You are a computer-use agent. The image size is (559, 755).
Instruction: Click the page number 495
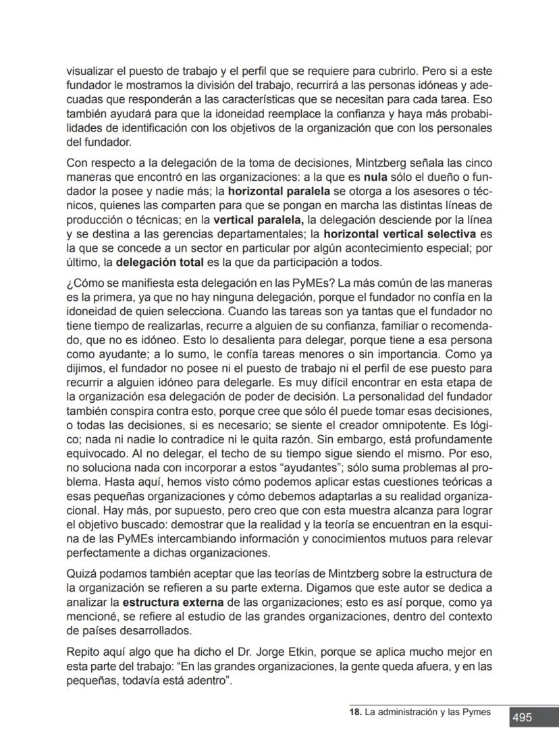tap(522, 718)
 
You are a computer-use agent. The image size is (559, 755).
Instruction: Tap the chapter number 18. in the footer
tap(355, 712)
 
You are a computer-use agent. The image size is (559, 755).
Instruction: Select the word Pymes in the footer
tap(477, 712)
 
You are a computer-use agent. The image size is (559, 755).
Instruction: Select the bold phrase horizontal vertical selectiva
tap(400, 234)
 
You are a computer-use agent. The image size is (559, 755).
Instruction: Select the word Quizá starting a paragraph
tap(81, 574)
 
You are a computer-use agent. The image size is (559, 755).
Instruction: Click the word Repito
tap(82, 652)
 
